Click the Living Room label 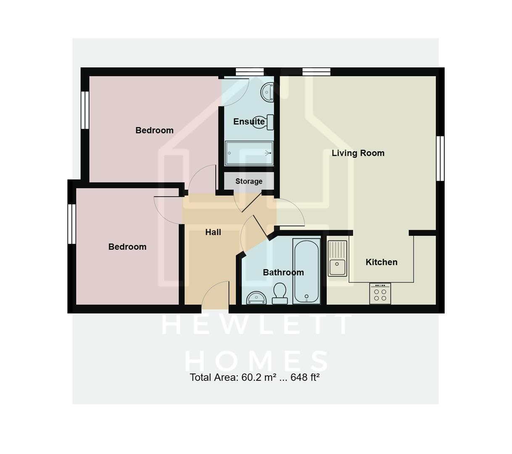click(x=358, y=153)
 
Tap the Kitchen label click(x=381, y=262)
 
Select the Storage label click(x=249, y=181)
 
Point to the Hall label click(x=213, y=232)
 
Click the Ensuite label click(x=249, y=121)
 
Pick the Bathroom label click(x=283, y=272)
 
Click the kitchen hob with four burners click(x=380, y=293)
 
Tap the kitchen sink click(x=338, y=259)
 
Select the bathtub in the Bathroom click(x=306, y=271)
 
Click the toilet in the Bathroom click(x=280, y=293)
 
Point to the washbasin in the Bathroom click(x=256, y=298)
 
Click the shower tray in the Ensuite click(x=249, y=153)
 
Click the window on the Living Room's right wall click(x=440, y=158)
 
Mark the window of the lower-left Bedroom click(x=71, y=224)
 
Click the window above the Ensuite click(x=249, y=71)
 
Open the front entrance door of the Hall click(x=215, y=296)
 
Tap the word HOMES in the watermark click(x=256, y=361)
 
